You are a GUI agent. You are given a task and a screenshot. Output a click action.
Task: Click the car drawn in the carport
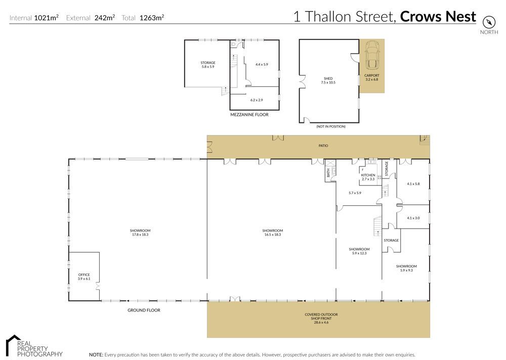click(x=372, y=55)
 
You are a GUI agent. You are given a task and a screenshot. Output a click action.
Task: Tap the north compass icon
click(x=489, y=23)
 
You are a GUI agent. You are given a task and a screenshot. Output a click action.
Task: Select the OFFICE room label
click(x=84, y=277)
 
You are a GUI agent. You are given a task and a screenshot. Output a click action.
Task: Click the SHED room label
click(x=328, y=80)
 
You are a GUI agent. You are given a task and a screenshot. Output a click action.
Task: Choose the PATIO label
click(x=323, y=146)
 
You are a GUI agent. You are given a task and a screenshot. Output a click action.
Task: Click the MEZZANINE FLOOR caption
click(x=249, y=114)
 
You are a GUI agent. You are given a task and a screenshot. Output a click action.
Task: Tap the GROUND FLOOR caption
click(x=144, y=310)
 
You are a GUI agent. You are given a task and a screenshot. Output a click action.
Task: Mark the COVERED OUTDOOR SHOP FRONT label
click(x=321, y=319)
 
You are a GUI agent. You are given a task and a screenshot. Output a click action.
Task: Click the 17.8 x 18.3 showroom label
click(x=140, y=233)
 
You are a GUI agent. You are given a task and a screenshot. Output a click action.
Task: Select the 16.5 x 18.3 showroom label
click(x=272, y=233)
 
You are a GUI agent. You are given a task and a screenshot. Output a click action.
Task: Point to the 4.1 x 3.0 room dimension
click(x=413, y=218)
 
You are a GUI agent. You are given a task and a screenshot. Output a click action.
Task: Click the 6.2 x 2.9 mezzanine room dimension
click(x=257, y=100)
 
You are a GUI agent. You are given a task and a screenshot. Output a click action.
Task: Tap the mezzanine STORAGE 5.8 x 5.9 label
click(x=208, y=65)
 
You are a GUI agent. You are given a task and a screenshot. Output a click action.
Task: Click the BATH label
click(x=328, y=173)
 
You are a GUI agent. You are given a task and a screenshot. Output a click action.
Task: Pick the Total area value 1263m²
click(x=152, y=17)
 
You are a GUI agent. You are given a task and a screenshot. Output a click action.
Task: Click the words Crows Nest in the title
click(x=438, y=16)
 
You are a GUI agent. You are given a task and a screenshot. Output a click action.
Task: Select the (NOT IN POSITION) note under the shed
click(x=331, y=126)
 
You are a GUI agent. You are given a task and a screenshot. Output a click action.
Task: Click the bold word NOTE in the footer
click(x=96, y=355)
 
